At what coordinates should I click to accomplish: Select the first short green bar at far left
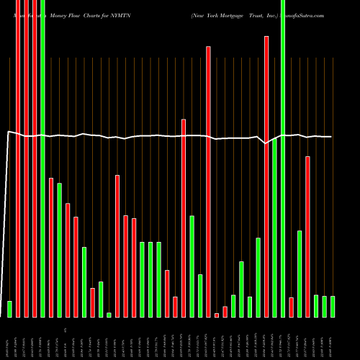pos(10,309)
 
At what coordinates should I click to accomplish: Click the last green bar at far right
pos(333,306)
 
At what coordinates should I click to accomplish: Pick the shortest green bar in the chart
pos(109,315)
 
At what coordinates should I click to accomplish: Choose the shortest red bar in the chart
pos(217,315)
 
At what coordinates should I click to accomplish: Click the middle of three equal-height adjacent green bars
pos(150,279)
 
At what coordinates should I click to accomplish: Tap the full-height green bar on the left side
pos(42,158)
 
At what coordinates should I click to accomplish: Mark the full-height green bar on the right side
pos(283,158)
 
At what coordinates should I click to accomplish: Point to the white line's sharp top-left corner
pos(8,132)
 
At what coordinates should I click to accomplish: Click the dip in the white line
pos(266,143)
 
